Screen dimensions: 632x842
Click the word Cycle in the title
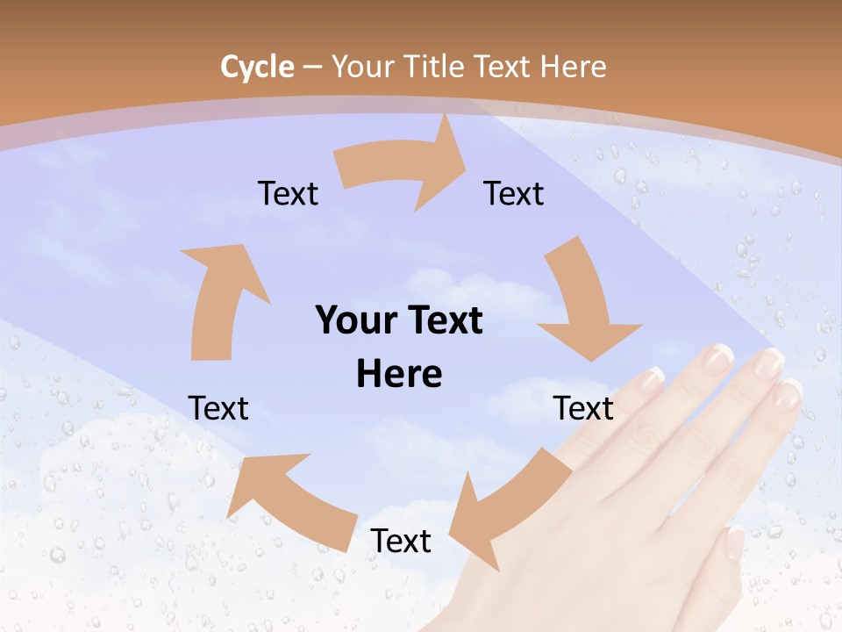257,67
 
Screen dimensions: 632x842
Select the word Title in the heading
433,67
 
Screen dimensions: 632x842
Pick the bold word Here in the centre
399,375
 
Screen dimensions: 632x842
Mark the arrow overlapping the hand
509,509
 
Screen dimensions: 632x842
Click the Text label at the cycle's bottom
401,542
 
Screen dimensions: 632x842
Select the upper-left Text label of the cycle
288,193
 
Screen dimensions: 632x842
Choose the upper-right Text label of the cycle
514,193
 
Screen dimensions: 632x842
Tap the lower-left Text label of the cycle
218,408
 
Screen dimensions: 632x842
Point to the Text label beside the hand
584,408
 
